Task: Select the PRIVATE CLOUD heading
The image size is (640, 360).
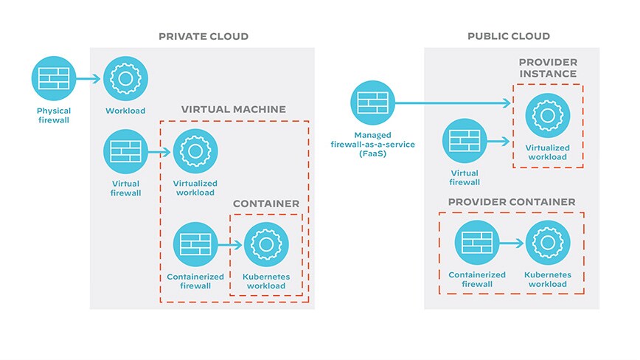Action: coord(204,36)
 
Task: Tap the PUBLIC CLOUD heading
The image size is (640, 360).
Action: coord(508,36)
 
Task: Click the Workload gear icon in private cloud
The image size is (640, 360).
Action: coord(125,78)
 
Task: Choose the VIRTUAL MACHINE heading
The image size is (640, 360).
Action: coord(233,109)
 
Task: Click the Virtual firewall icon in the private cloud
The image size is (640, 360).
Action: coord(125,152)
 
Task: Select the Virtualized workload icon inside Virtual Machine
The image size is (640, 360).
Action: coord(195,152)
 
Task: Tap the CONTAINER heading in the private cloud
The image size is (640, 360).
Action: coord(266,204)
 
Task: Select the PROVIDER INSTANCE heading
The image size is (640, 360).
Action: coord(548,68)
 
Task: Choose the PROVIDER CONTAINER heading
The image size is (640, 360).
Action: coord(511,201)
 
